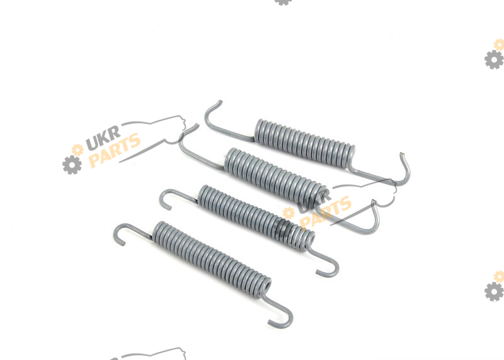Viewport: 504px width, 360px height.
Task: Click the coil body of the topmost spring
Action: pyautogui.click(x=305, y=143)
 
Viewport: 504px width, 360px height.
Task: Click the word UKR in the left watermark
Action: pyautogui.click(x=103, y=137)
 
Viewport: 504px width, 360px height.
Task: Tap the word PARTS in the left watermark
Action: pyautogui.click(x=115, y=151)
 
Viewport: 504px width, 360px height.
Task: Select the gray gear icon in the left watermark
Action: pyautogui.click(x=72, y=165)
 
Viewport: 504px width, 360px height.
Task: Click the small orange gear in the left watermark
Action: pyautogui.click(x=77, y=149)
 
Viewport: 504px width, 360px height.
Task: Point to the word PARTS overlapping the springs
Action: pyautogui.click(x=325, y=213)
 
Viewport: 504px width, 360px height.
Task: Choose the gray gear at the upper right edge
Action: pyautogui.click(x=494, y=59)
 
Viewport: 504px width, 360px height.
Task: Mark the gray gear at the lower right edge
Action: pyautogui.click(x=494, y=291)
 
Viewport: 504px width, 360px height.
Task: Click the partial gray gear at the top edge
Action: pyautogui.click(x=283, y=3)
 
